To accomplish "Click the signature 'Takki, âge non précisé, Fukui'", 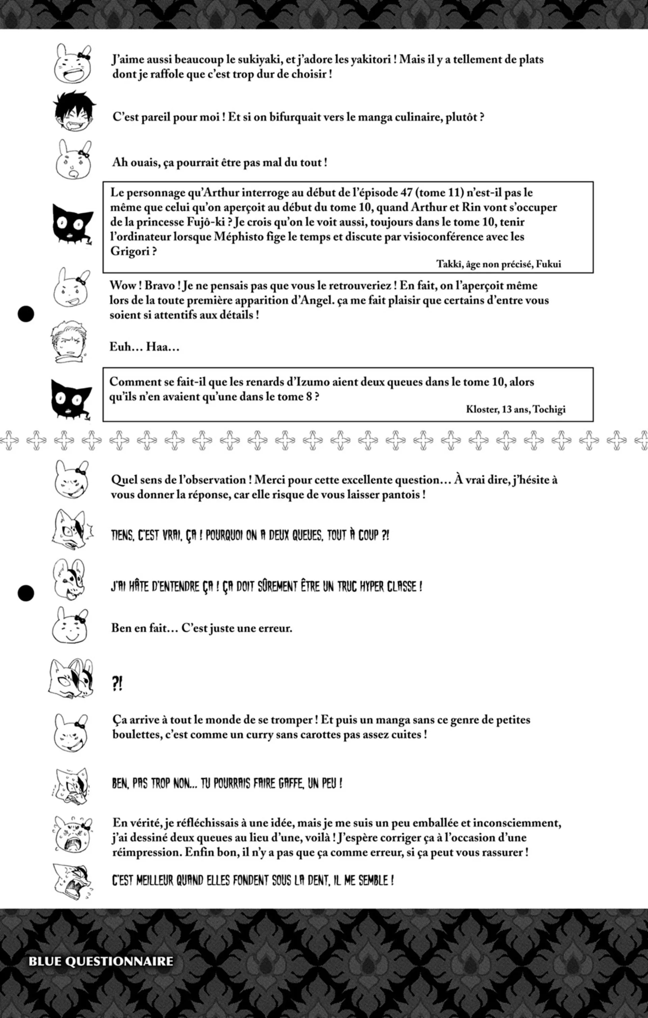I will [x=498, y=264].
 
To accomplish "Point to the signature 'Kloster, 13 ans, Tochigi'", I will [x=515, y=409].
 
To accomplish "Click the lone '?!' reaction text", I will [x=117, y=684].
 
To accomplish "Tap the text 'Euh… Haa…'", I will [x=144, y=347].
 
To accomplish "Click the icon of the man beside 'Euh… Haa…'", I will [x=69, y=341].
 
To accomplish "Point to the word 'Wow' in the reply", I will [x=123, y=285].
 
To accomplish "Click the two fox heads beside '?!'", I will [x=71, y=679].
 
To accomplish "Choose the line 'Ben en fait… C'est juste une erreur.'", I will [x=201, y=628].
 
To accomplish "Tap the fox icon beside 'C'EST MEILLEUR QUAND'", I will [x=72, y=882].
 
